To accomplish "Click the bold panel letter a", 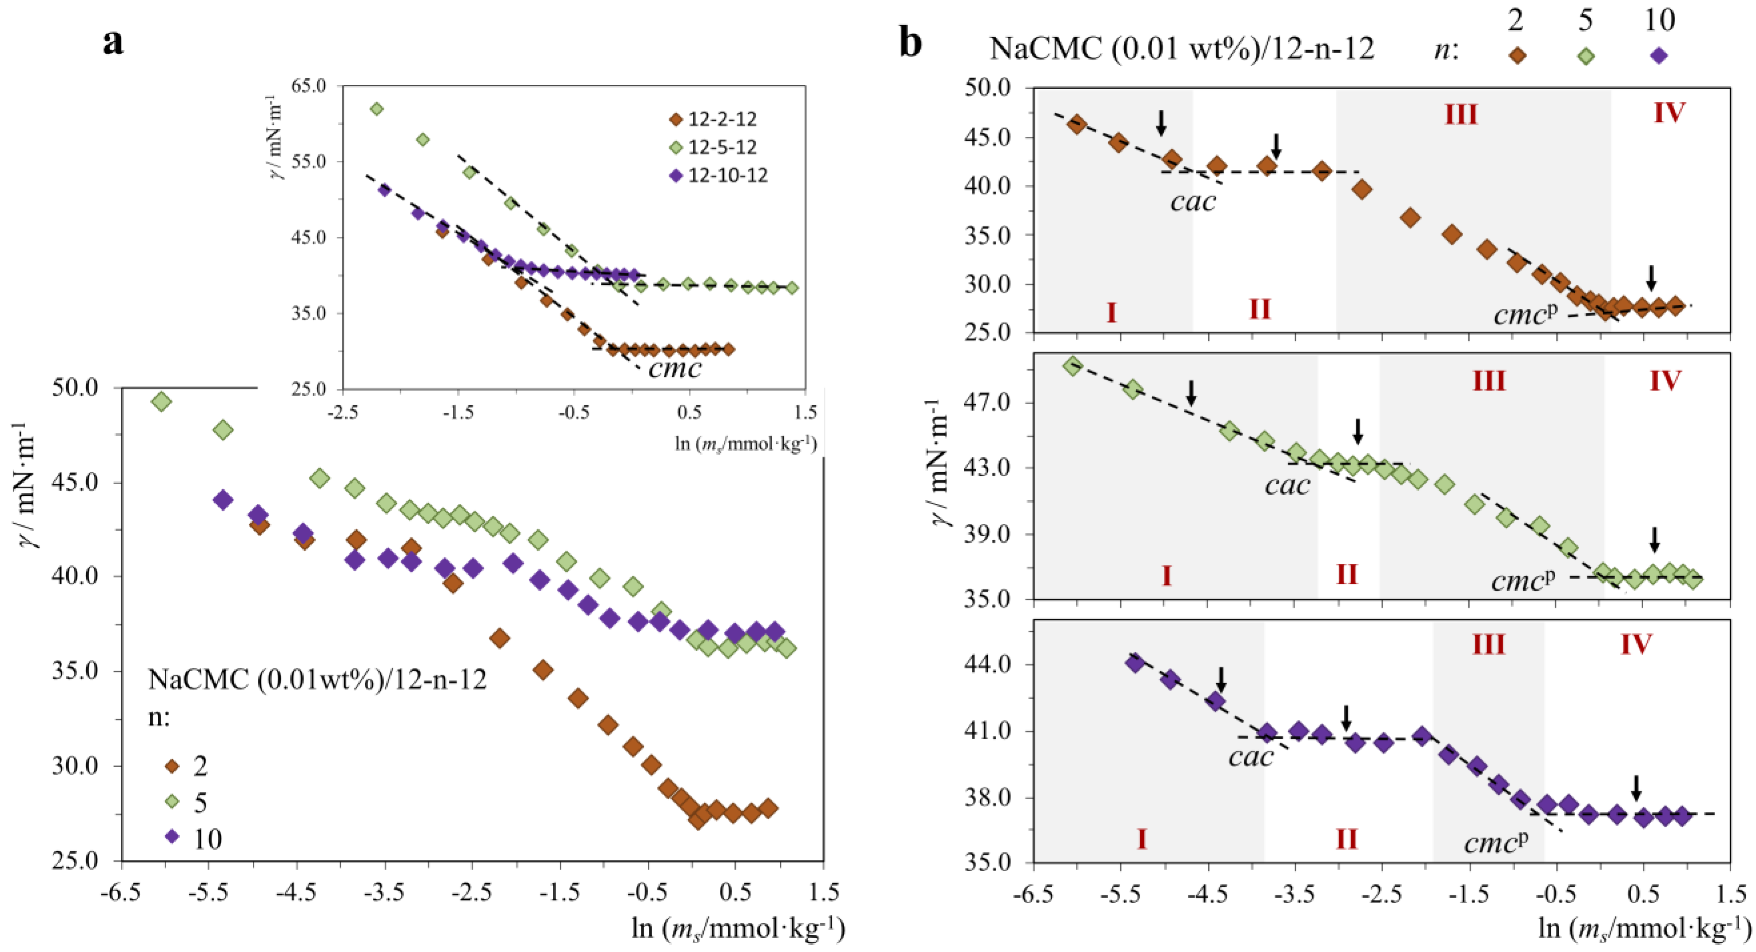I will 113,42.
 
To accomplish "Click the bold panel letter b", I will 911,42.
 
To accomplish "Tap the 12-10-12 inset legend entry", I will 727,176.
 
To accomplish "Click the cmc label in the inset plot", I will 674,369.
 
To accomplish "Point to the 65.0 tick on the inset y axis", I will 308,86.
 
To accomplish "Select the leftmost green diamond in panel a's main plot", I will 161,402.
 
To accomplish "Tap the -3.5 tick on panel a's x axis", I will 385,892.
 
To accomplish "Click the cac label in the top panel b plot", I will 1193,201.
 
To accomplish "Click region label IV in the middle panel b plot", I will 1665,380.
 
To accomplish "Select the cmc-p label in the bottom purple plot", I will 1495,843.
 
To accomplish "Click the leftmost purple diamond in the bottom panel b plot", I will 1135,662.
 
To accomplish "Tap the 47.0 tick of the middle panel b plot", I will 988,402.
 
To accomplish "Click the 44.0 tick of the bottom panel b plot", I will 988,664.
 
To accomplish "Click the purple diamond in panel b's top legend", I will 1659,56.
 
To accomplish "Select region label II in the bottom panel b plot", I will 1346,839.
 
